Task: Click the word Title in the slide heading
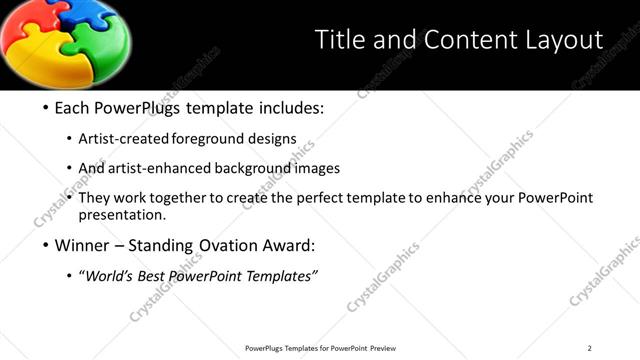(338, 40)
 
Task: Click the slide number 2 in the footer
(589, 348)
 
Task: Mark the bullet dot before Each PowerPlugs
(46, 108)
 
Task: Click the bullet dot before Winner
(46, 246)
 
